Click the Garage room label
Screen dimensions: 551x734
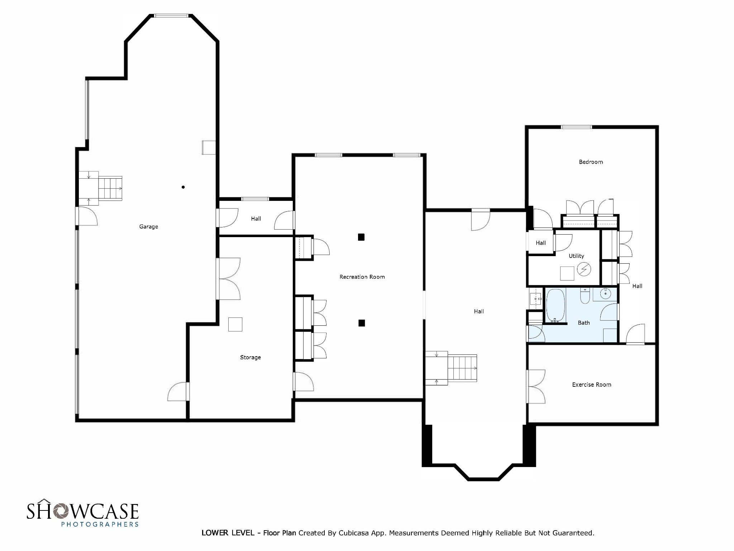(x=148, y=227)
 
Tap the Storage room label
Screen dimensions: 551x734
(x=250, y=357)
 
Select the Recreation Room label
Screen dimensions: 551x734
(x=362, y=277)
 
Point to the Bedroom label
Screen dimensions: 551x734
(x=591, y=162)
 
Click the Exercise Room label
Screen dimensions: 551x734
(x=591, y=385)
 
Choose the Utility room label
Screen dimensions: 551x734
(x=576, y=256)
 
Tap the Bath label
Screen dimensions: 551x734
(x=583, y=323)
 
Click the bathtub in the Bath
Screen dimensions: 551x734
(x=555, y=305)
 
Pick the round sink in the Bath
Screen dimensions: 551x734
(x=605, y=294)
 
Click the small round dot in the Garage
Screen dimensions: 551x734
(x=183, y=187)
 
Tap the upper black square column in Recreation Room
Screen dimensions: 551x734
(x=361, y=237)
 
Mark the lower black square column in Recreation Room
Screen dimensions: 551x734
(x=362, y=323)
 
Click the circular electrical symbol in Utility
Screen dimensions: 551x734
(x=584, y=269)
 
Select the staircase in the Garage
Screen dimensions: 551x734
(x=110, y=188)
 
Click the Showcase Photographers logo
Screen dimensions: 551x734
(x=82, y=514)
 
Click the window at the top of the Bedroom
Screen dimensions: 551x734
(x=576, y=127)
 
